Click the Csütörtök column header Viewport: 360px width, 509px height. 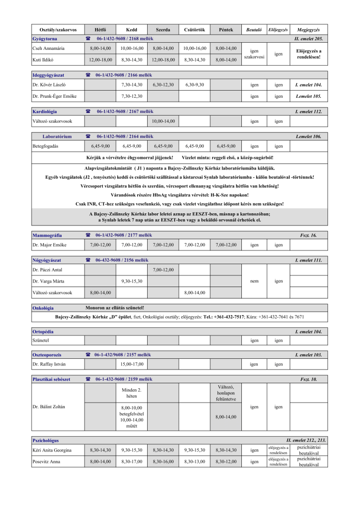(x=193, y=30)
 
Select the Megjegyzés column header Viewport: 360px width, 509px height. (x=308, y=30)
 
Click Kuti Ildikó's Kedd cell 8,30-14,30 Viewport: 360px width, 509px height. (x=132, y=60)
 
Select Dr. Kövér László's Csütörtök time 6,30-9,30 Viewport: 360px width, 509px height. (x=193, y=85)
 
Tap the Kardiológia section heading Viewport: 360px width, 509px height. (x=45, y=111)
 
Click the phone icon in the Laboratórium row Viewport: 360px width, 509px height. (x=88, y=136)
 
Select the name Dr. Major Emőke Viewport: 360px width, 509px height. (x=49, y=245)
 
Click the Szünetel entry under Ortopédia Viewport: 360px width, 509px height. (x=41, y=340)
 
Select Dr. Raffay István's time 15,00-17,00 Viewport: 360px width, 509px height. (x=132, y=364)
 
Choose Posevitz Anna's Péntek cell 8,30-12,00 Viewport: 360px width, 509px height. (x=226, y=462)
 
